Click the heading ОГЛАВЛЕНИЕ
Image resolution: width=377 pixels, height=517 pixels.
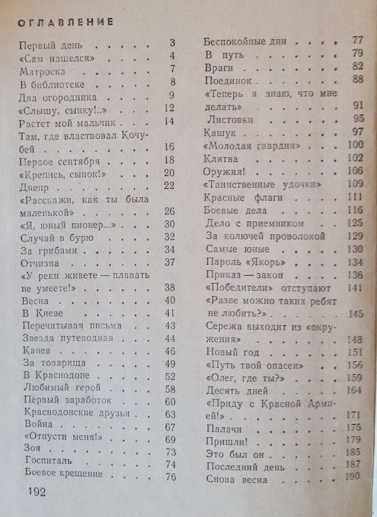tap(66, 22)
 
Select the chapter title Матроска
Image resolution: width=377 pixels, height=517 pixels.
tap(42, 71)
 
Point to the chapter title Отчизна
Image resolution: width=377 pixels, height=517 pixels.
tap(40, 263)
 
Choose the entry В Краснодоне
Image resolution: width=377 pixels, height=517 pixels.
tap(56, 375)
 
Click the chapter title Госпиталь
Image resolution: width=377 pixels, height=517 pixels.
tap(48, 461)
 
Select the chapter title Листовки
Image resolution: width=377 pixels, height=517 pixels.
tap(230, 120)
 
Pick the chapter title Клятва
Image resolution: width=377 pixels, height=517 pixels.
tap(221, 158)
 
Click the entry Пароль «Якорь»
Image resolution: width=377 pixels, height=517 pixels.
tap(245, 262)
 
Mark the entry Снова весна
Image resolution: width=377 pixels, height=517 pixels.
tap(237, 479)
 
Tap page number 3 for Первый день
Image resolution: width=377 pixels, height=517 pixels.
tap(173, 43)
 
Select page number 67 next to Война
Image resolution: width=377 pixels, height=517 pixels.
tap(170, 427)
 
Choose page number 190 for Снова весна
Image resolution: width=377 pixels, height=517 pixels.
tap(352, 476)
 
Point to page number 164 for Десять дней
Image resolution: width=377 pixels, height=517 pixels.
tap(354, 390)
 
